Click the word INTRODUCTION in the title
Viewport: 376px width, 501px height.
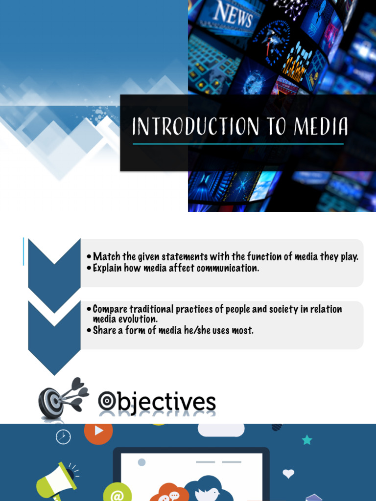196,126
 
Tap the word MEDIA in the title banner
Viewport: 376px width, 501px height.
321,126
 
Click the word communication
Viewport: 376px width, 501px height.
228,268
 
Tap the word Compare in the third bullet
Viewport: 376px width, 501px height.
110,309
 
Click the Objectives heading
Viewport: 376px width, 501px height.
157,402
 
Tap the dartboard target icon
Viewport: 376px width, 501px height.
63,398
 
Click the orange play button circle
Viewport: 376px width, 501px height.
98,432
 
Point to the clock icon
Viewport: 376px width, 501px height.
63,437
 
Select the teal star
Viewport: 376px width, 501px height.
307,440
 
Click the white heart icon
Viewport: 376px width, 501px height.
288,474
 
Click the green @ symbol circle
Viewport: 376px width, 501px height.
117,493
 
